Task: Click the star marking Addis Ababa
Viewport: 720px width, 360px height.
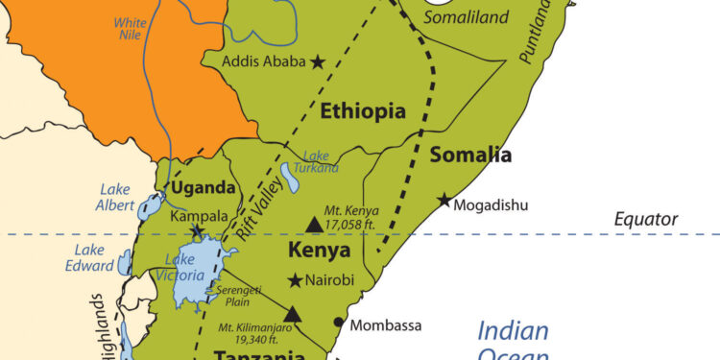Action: (x=318, y=61)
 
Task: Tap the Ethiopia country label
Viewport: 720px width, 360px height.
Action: (x=363, y=111)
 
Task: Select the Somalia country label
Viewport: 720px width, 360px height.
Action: (x=470, y=156)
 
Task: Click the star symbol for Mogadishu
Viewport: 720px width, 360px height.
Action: (x=444, y=201)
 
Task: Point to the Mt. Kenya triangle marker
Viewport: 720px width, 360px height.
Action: (x=313, y=225)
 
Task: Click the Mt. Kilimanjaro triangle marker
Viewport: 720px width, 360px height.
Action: (x=293, y=314)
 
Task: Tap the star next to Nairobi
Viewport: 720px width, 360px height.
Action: (x=295, y=280)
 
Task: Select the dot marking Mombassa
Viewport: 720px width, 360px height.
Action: (x=338, y=322)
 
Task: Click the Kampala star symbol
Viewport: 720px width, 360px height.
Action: (x=198, y=232)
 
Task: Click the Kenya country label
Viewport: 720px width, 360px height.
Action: (x=320, y=252)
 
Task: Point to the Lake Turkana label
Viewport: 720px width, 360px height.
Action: (x=321, y=162)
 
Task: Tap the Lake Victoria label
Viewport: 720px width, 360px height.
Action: (x=184, y=268)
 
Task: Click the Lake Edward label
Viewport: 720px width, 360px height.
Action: (x=89, y=258)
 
